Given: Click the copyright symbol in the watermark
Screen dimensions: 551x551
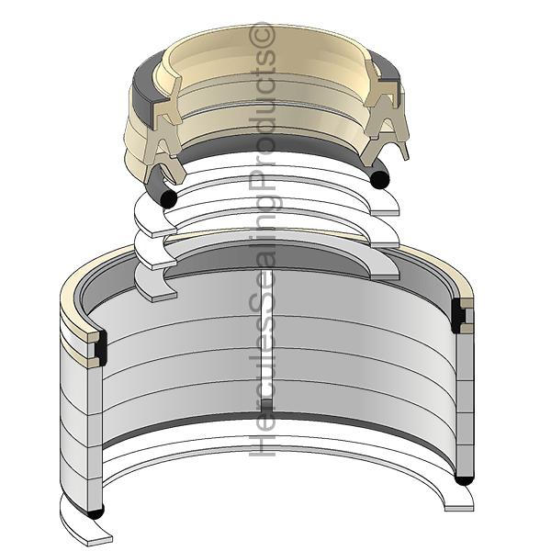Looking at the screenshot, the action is click(x=263, y=35).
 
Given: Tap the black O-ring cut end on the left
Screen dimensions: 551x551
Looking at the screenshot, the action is click(x=168, y=199).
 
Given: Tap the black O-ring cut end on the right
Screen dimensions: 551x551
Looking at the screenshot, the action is click(x=380, y=179).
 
